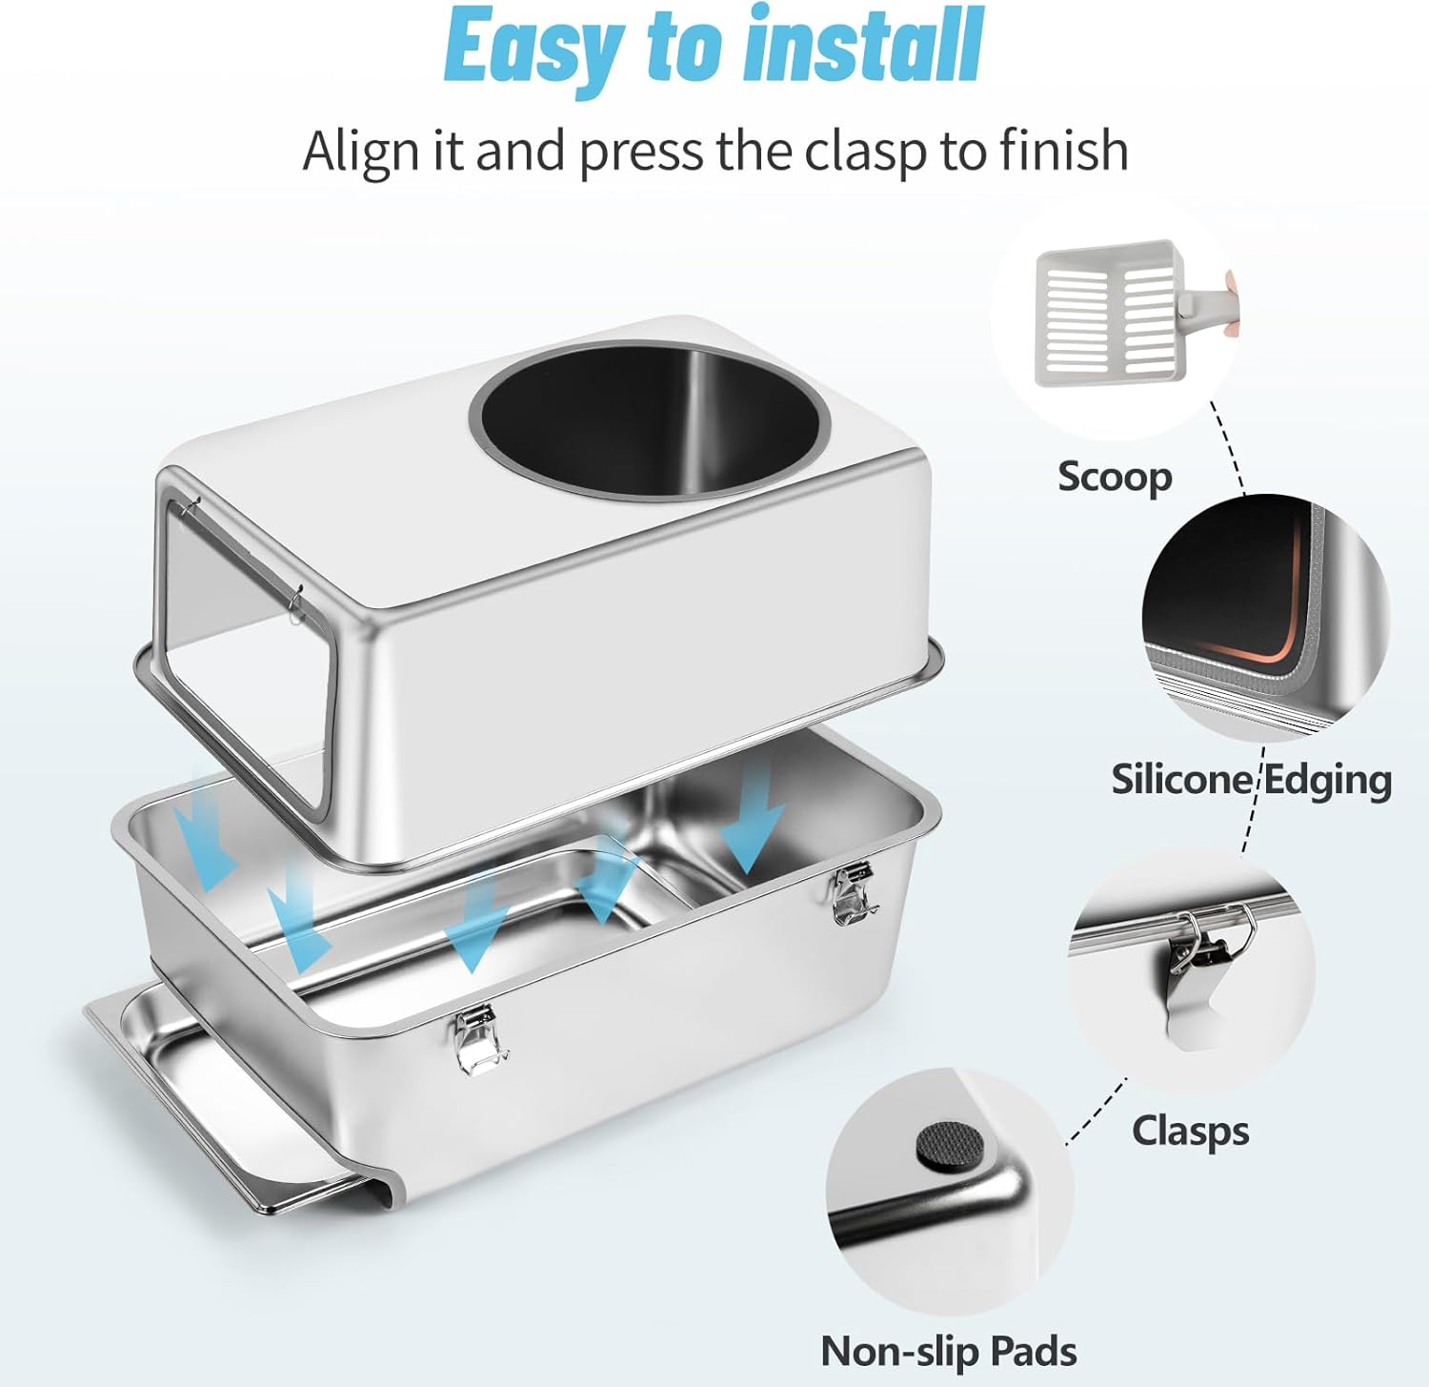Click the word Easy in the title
click(533, 46)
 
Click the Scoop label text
click(1115, 477)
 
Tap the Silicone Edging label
click(1251, 780)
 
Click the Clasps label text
click(1190, 1132)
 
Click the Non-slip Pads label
click(948, 1351)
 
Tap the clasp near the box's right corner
click(854, 893)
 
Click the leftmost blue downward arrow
click(209, 829)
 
